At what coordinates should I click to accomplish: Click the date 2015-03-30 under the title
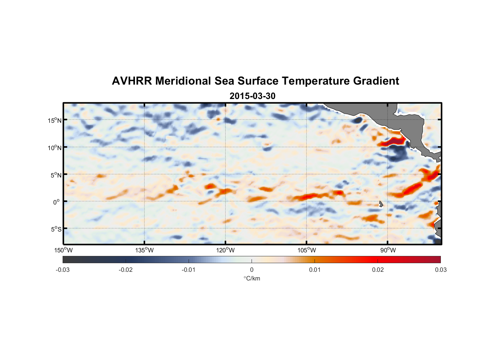252,96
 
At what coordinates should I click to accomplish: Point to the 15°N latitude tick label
54,120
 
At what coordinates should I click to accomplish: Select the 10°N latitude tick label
54,148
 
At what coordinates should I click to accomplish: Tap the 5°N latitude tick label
55,175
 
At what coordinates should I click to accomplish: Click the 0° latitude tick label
57,202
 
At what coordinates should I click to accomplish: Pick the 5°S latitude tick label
55,229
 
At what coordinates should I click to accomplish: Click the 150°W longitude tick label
64,250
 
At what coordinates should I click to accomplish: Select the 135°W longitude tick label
144,250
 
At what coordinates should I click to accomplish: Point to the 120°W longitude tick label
225,250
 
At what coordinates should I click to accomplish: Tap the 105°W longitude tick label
307,250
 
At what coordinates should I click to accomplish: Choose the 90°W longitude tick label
388,250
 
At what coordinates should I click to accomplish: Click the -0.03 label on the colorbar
63,270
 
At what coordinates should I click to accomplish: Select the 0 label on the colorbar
252,270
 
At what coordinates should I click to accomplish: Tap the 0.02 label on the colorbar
378,270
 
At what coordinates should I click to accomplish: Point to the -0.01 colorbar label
189,270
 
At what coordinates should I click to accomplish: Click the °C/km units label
252,278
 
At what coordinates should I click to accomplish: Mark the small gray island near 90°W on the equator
381,204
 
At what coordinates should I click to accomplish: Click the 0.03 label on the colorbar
440,270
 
